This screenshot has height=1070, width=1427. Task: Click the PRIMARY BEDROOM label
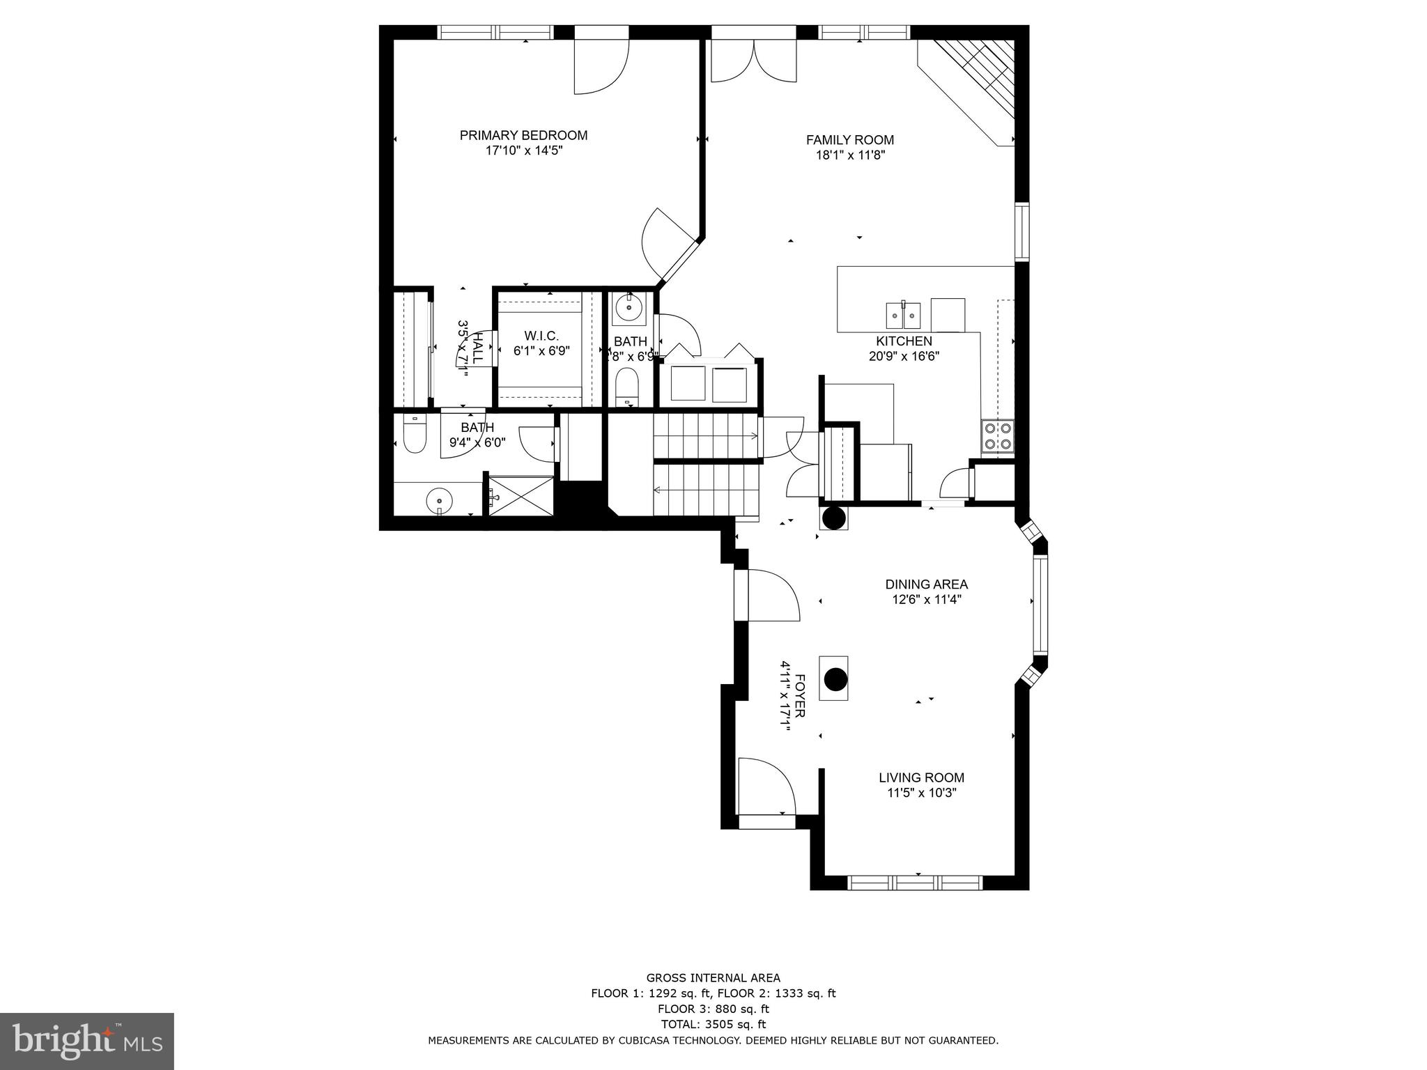click(523, 135)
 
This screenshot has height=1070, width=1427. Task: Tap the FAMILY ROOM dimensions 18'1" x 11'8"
click(849, 155)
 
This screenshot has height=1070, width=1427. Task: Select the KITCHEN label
click(904, 341)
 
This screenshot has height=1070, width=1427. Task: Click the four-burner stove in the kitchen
click(998, 436)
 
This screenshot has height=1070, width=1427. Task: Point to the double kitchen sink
click(903, 316)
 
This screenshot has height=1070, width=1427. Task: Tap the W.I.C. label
click(541, 336)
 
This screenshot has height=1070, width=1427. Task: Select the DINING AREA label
click(926, 584)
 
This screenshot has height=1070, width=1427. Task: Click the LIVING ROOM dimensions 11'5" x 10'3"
click(921, 793)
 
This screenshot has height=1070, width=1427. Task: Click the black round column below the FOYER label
click(834, 679)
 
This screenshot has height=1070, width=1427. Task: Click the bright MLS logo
click(86, 1041)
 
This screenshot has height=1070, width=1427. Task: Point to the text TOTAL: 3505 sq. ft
click(713, 1024)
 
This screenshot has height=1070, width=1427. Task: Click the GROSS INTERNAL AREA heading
click(713, 977)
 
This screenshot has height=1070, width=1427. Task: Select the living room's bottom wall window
click(915, 883)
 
